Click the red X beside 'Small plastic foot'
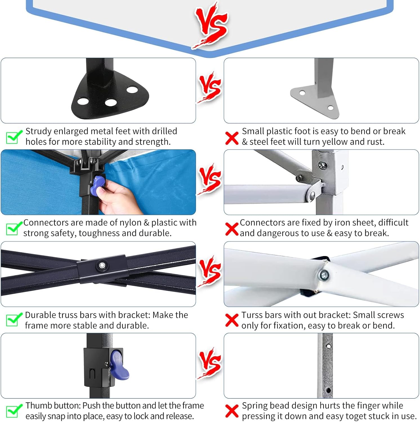pos(232,138)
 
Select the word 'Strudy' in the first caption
pos(38,132)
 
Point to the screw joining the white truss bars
pos(324,275)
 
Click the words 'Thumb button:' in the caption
pos(53,406)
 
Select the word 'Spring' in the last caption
pos(254,406)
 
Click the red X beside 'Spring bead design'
pos(232,411)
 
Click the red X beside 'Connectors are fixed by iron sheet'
pos(232,229)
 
